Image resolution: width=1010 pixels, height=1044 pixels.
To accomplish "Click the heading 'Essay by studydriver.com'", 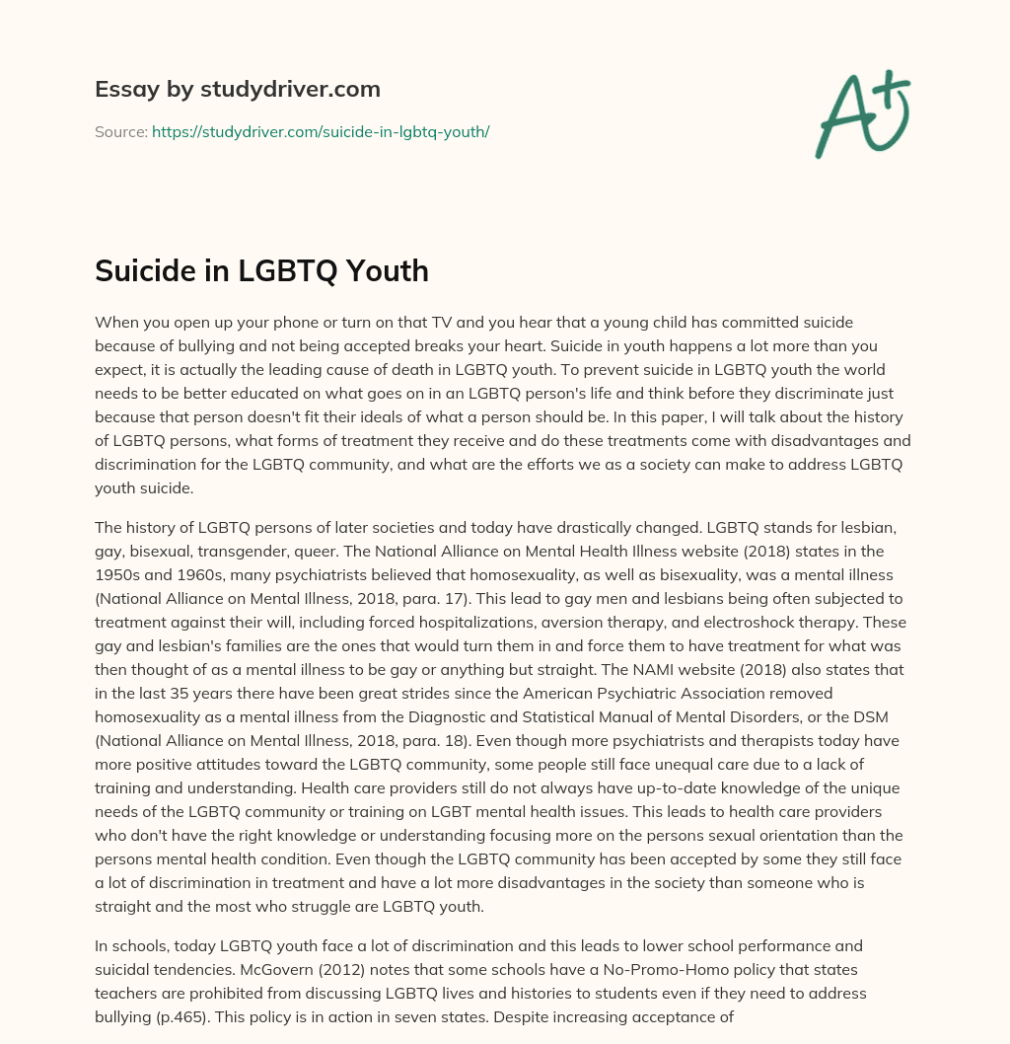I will [237, 90].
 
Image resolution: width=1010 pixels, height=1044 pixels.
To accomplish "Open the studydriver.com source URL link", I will [321, 131].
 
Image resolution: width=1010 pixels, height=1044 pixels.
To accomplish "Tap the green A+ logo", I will [862, 113].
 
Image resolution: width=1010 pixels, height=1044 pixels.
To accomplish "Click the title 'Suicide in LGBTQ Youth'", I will [261, 270].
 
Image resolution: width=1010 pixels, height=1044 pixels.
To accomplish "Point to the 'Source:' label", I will [121, 131].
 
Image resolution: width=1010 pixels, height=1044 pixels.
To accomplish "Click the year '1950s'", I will [121, 575].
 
